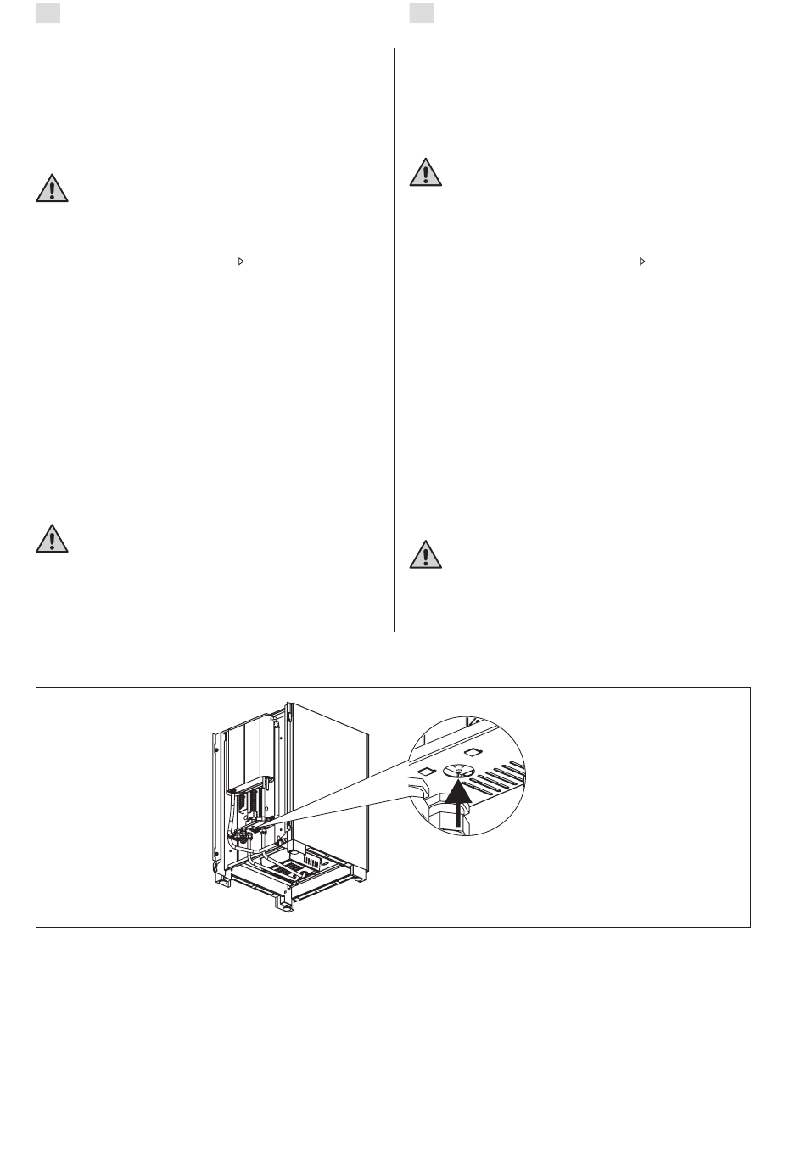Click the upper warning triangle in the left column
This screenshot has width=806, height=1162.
tap(52, 188)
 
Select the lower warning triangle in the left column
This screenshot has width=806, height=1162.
tap(52, 539)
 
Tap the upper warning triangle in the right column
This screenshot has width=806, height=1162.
tap(426, 172)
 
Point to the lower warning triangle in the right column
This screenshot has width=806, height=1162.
tap(426, 553)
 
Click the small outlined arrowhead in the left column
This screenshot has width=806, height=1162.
tap(241, 262)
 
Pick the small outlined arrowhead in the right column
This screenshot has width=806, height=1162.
tap(642, 262)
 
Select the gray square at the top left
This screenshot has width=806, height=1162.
tap(48, 14)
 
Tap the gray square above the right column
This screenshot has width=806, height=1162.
tap(422, 14)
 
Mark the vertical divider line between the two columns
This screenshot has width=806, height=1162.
tap(395, 340)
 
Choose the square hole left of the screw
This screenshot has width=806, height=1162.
tap(427, 770)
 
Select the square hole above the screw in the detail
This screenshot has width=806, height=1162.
tap(473, 751)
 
